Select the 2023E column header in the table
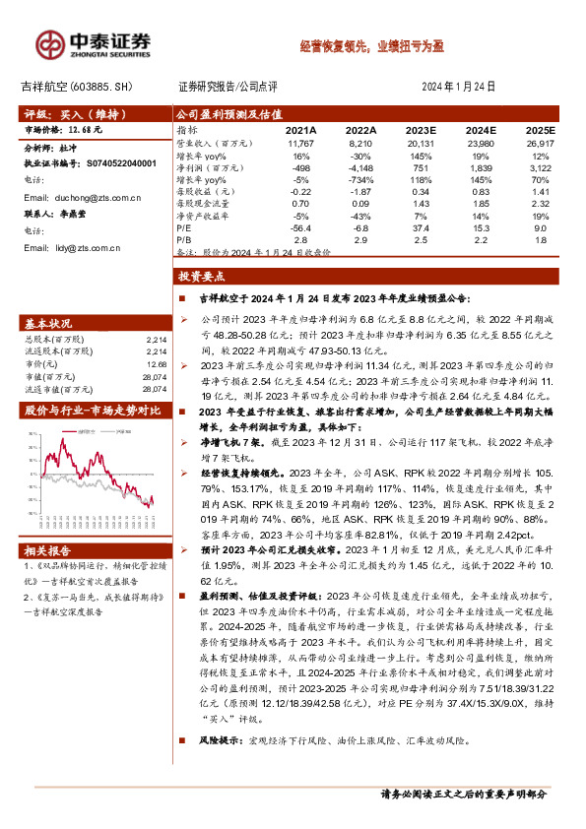[x=421, y=130]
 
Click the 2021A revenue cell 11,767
[x=300, y=143]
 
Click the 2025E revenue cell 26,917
[x=540, y=143]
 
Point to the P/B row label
[x=183, y=238]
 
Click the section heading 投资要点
[x=204, y=279]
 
